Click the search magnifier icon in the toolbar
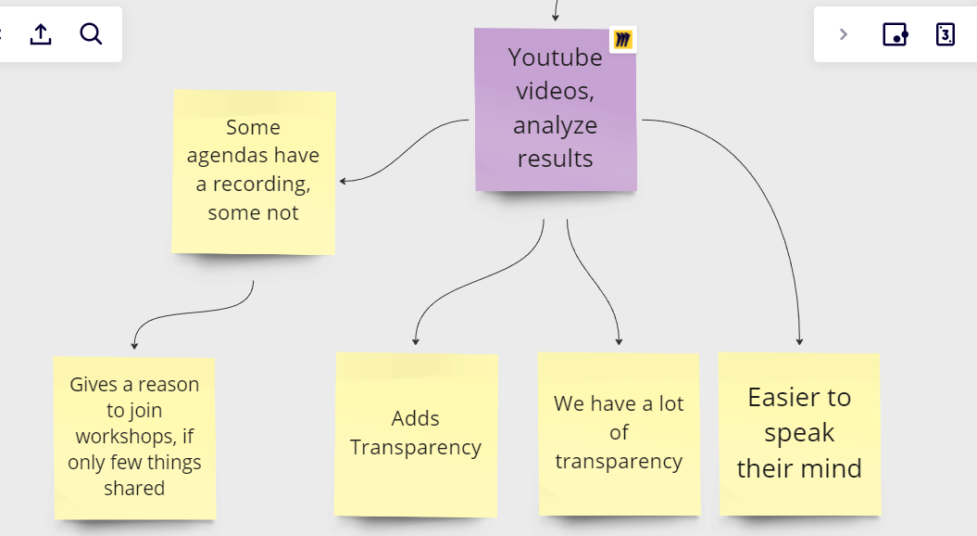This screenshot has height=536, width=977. (x=91, y=35)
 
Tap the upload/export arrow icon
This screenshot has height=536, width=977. (x=41, y=35)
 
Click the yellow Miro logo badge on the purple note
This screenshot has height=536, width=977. (x=623, y=40)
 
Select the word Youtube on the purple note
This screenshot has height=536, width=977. (x=555, y=57)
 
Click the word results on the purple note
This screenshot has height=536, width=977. (x=555, y=159)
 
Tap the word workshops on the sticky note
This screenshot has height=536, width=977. (x=134, y=436)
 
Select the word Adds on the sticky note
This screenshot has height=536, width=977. (x=415, y=418)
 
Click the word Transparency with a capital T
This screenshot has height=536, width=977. (x=415, y=447)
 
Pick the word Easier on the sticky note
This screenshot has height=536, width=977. (x=785, y=398)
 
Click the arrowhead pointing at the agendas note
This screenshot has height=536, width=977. (x=344, y=181)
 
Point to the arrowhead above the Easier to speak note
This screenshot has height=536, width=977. (x=799, y=341)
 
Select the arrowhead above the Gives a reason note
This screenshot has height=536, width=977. (x=134, y=345)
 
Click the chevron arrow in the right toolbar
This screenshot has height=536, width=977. (x=843, y=35)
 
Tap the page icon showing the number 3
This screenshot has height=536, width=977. (x=945, y=35)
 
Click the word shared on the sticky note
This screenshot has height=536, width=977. (x=134, y=488)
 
